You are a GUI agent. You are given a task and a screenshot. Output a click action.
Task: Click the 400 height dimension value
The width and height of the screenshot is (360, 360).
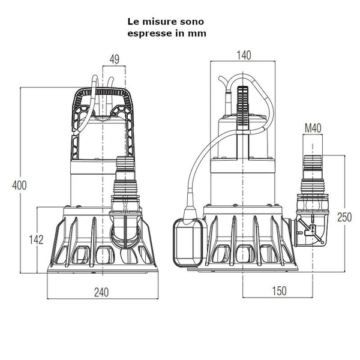click(19, 185)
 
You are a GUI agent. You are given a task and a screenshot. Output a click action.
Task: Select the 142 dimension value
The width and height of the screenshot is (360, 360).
click(37, 239)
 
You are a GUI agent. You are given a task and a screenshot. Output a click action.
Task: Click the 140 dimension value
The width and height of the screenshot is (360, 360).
click(244, 55)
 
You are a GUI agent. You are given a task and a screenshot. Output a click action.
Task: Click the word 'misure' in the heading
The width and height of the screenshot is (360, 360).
click(157, 21)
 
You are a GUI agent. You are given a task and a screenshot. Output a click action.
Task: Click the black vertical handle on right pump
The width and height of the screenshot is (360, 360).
click(242, 108)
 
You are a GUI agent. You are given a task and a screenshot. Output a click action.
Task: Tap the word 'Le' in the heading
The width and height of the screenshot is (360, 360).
click(133, 21)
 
